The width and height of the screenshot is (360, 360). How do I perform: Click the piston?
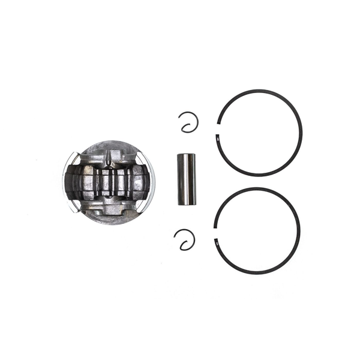pos(108,180)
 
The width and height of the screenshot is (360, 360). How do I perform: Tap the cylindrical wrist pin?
pos(186,179)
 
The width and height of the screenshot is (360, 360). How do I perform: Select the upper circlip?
pos(191,122)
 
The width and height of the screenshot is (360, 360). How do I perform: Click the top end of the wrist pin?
pos(186,156)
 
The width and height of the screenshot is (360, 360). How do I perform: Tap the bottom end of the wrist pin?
pos(186,203)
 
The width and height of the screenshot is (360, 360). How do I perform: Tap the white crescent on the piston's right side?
pos(150,180)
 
